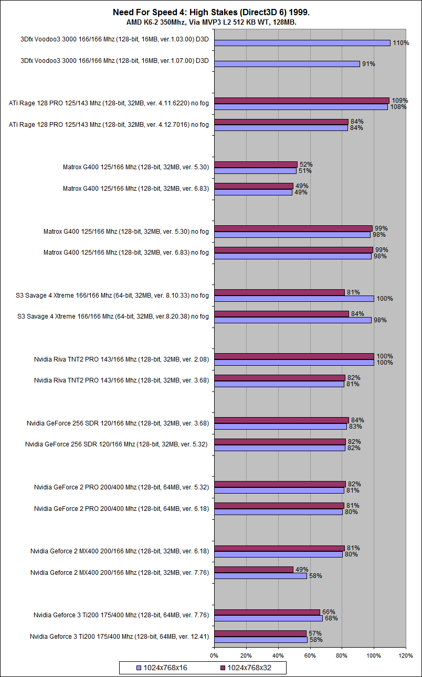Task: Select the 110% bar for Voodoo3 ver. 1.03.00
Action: pos(302,43)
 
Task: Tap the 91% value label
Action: pos(368,64)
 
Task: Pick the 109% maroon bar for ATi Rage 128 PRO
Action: pos(302,101)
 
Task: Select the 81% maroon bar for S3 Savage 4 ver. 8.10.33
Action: pos(279,292)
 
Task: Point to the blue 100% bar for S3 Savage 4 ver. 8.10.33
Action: pos(294,299)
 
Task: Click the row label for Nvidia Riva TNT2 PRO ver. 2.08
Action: pos(121,359)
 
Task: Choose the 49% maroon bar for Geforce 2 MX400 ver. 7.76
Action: pos(254,570)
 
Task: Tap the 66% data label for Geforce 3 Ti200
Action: pos(329,612)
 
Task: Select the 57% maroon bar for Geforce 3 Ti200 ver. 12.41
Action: pos(260,634)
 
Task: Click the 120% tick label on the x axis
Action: pos(406,655)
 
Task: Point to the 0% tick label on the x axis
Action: pos(214,655)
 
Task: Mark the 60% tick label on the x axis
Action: pos(310,655)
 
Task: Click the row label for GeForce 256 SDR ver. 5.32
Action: pos(117,445)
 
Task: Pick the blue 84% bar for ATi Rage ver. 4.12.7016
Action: pos(281,128)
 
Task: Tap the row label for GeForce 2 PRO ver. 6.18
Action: pos(121,509)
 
